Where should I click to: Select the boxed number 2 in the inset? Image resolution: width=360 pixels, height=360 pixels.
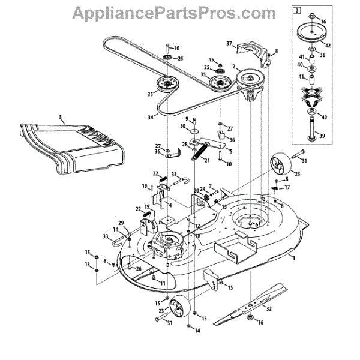pyautogui.click(x=296, y=10)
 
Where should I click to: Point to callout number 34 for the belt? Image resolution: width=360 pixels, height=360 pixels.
pyautogui.click(x=149, y=117)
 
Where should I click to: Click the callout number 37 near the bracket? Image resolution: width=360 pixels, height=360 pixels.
pyautogui.click(x=229, y=43)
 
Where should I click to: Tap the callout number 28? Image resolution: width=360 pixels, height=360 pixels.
pyautogui.click(x=185, y=144)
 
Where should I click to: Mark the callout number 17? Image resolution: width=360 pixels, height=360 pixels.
pyautogui.click(x=287, y=187)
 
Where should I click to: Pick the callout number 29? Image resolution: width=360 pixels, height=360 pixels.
pyautogui.click(x=121, y=223)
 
